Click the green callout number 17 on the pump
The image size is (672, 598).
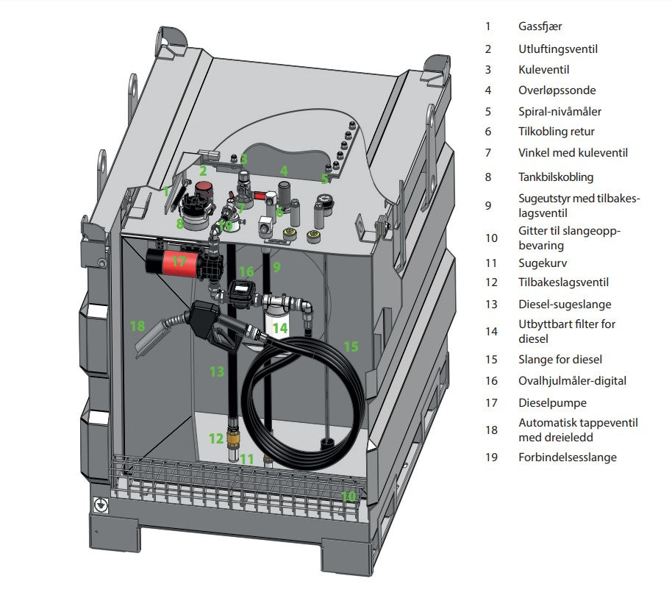click(x=179, y=260)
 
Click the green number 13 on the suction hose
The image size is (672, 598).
click(x=216, y=371)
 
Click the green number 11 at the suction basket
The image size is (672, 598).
click(x=247, y=459)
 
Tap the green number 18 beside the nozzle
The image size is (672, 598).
click(x=137, y=326)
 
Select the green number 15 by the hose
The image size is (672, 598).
click(x=351, y=346)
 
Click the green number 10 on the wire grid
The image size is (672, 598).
click(x=348, y=496)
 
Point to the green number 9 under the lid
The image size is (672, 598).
click(x=276, y=266)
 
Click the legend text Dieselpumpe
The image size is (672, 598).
click(x=552, y=402)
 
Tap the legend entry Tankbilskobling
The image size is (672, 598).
click(x=556, y=177)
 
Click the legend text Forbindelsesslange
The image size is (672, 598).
click(x=567, y=457)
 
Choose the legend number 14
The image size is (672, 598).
click(x=490, y=331)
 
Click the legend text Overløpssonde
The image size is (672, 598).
click(x=557, y=90)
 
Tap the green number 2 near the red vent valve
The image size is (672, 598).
click(x=203, y=171)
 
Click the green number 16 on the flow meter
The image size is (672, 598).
click(x=246, y=272)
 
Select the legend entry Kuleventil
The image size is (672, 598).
click(x=543, y=70)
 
